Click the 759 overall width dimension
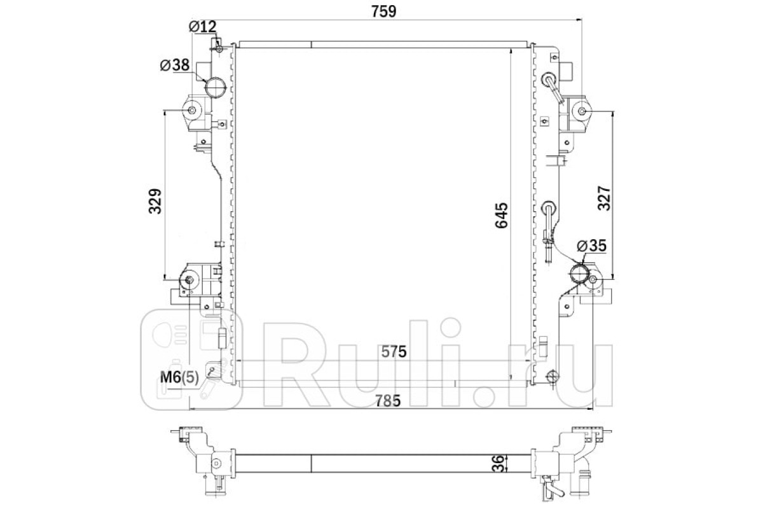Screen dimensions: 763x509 click(383, 11)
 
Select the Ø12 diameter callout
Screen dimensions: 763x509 click(203, 26)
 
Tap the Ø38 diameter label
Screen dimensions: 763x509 click(175, 64)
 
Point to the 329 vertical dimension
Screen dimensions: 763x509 click(155, 201)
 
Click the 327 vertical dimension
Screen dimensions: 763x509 click(604, 198)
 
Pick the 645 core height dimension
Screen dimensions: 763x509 click(502, 216)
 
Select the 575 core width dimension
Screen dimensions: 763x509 click(394, 351)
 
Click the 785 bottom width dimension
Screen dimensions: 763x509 click(387, 400)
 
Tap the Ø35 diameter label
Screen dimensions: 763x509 click(592, 245)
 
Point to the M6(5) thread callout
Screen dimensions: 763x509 click(179, 377)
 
